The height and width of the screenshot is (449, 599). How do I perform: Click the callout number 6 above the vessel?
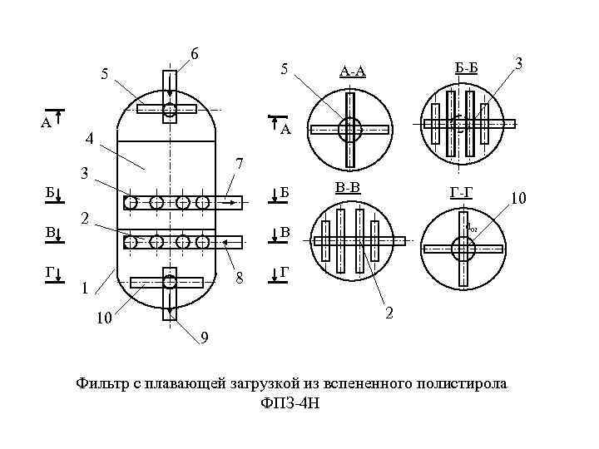click(x=194, y=54)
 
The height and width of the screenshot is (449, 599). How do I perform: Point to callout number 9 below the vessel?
click(x=204, y=338)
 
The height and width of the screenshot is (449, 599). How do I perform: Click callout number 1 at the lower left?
click(x=84, y=289)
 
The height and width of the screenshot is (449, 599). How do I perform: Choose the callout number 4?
click(x=90, y=138)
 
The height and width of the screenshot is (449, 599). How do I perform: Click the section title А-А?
click(x=353, y=72)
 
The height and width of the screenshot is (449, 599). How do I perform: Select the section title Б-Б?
click(x=466, y=67)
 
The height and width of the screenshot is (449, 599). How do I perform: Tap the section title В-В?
click(x=348, y=187)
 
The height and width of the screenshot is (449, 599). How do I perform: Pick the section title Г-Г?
click(x=462, y=194)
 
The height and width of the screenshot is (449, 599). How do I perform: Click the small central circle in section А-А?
click(x=350, y=129)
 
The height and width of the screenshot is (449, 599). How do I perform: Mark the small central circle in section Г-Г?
click(x=463, y=248)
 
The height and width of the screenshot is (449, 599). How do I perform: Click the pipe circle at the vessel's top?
click(x=170, y=110)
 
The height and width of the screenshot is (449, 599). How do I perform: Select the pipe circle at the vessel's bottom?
click(x=170, y=281)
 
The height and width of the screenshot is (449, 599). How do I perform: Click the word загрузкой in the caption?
click(x=247, y=383)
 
